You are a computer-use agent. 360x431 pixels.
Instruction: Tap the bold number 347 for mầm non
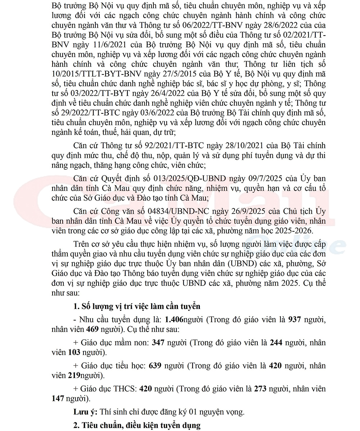pyautogui.click(x=158, y=342)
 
